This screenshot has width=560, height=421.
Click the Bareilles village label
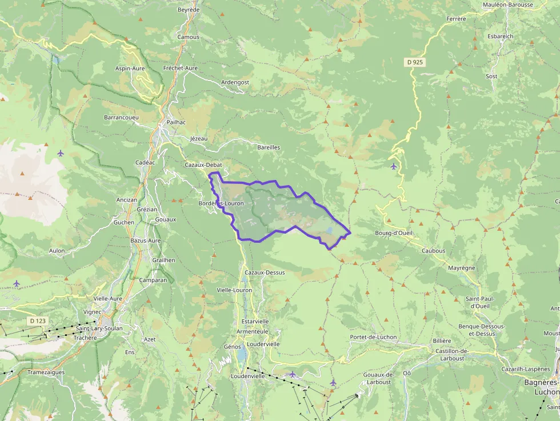point(269,147)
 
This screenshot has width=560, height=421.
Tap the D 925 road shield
point(415,62)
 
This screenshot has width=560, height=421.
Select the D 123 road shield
point(37,321)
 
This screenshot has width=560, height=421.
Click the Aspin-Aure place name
point(130,69)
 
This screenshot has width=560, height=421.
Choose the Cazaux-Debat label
point(203,165)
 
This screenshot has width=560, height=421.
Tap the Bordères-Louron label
point(221,204)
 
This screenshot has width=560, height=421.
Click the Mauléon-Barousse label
point(508,5)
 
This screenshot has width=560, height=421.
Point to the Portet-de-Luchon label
point(373,337)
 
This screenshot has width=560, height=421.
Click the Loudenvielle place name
point(251,377)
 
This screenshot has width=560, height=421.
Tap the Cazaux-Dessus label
point(265,272)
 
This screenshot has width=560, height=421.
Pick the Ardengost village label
point(235,82)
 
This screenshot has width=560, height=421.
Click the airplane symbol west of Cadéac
point(61,153)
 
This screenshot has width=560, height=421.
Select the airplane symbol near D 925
point(393,166)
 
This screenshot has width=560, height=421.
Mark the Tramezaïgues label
point(46,372)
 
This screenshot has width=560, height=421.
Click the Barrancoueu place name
point(121,117)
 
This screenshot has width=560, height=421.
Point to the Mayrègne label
point(462,267)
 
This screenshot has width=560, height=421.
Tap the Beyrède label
point(189,10)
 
